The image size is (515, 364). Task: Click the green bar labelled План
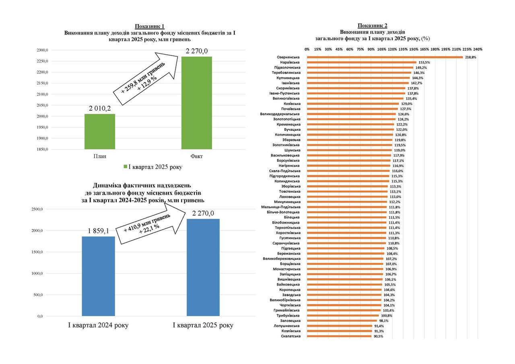pyautogui.click(x=100, y=132)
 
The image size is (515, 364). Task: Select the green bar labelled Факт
pyautogui.click(x=196, y=103)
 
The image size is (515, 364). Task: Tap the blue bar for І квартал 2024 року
pyautogui.click(x=98, y=276)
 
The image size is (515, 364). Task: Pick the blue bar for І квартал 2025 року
pyautogui.click(x=203, y=267)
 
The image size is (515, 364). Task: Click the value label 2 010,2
pyautogui.click(x=99, y=109)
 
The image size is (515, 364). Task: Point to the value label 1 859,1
pyautogui.click(x=99, y=231)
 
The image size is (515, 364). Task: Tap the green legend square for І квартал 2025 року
pyautogui.click(x=125, y=167)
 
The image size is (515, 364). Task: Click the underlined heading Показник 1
pyautogui.click(x=150, y=26)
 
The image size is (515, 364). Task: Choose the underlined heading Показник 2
pyautogui.click(x=373, y=25)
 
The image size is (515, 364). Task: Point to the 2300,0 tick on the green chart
pyautogui.click(x=42, y=50)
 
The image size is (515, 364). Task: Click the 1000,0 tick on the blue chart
pyautogui.click(x=37, y=274)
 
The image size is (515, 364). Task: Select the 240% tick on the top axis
pyautogui.click(x=478, y=49)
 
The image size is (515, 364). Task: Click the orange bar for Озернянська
pyautogui.click(x=385, y=57)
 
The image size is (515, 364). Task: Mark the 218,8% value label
pyautogui.click(x=471, y=57)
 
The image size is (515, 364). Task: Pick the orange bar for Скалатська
pyautogui.click(x=339, y=336)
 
